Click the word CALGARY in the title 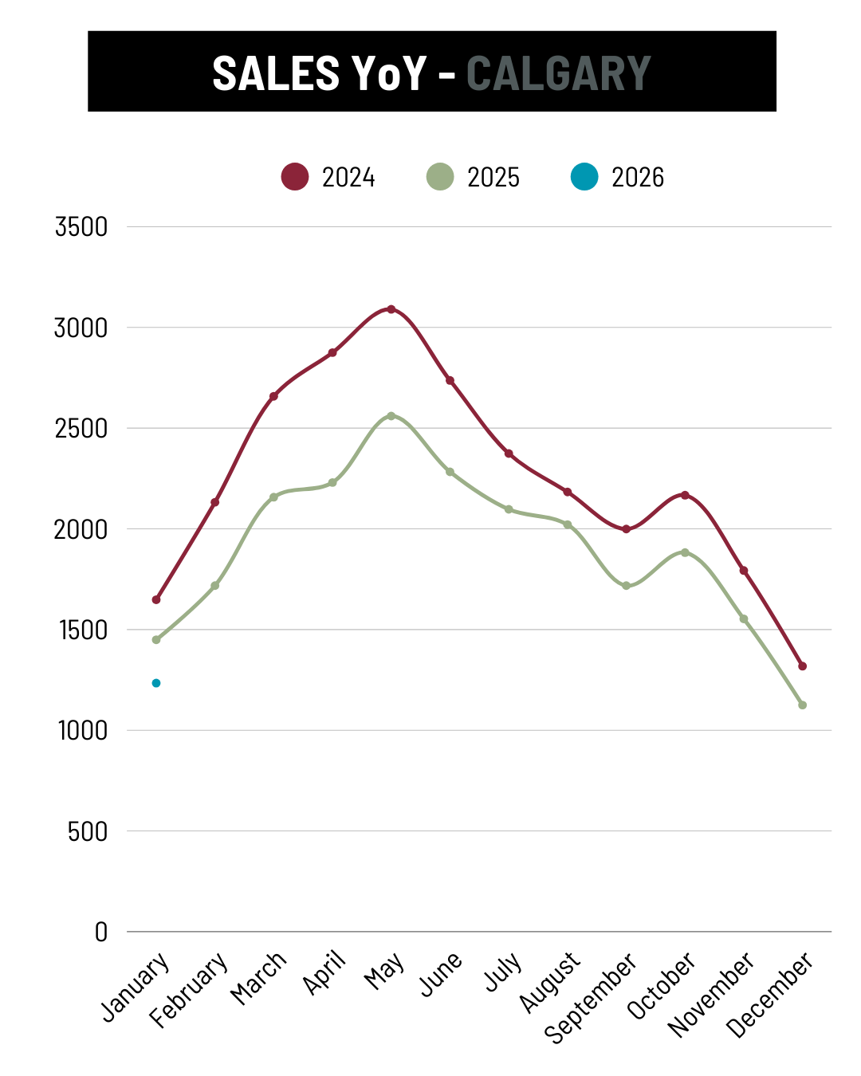pyautogui.click(x=558, y=73)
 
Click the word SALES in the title pyautogui.click(x=276, y=73)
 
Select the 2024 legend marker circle pyautogui.click(x=295, y=176)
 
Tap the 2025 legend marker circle pyautogui.click(x=440, y=176)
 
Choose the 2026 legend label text pyautogui.click(x=637, y=177)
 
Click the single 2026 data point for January pyautogui.click(x=156, y=683)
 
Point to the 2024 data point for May pyautogui.click(x=391, y=309)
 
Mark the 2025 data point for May pyautogui.click(x=391, y=416)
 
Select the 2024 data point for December pyautogui.click(x=802, y=666)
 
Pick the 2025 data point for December pyautogui.click(x=802, y=705)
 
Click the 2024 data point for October pyautogui.click(x=685, y=495)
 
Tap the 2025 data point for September pyautogui.click(x=626, y=586)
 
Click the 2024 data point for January pyautogui.click(x=156, y=599)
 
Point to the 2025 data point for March pyautogui.click(x=273, y=497)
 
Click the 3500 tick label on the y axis pyautogui.click(x=81, y=227)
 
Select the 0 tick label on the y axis pyautogui.click(x=100, y=932)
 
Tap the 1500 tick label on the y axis pyautogui.click(x=83, y=630)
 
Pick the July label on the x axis pyautogui.click(x=504, y=972)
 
